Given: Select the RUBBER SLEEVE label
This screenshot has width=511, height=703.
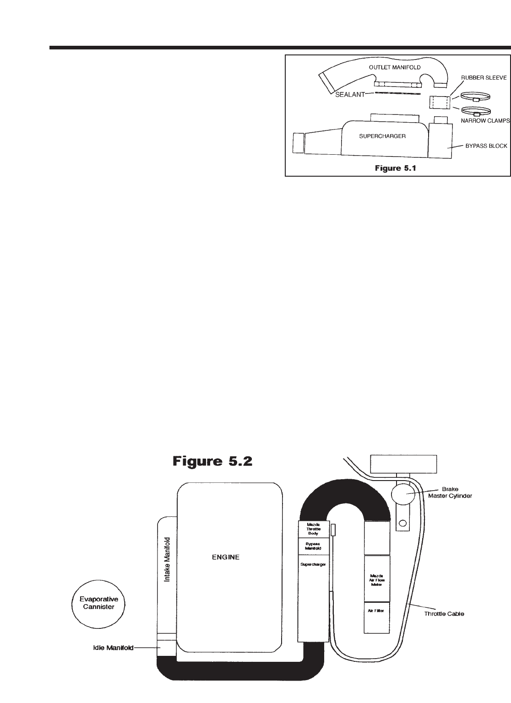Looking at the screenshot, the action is coord(484,78).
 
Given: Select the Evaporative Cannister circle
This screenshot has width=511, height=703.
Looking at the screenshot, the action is coord(99,602).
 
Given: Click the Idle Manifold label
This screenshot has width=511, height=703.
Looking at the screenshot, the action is coord(111,648).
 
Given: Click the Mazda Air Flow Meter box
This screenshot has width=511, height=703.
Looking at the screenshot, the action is coord(377,579).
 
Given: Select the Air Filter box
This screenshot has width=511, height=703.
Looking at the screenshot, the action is coord(377,611).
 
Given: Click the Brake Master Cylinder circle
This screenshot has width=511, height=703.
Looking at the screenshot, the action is coord(402,494).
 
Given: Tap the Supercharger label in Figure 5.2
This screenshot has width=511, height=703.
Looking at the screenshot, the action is coord(313,564).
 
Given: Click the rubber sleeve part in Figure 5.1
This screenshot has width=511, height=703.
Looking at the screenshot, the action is coord(438,103).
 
